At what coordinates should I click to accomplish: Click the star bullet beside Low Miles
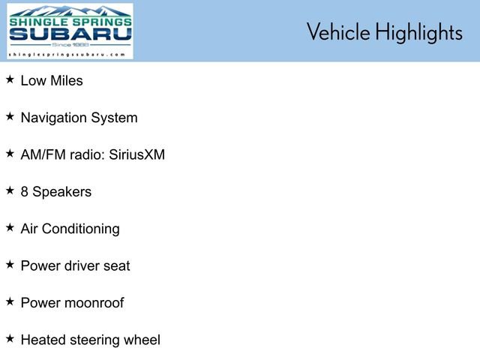pos(10,79)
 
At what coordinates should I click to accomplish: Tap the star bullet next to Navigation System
pos(10,117)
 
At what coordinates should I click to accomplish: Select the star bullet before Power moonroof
pos(10,301)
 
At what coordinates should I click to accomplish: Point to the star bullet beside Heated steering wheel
pos(10,339)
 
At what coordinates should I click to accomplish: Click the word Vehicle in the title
pos(338,31)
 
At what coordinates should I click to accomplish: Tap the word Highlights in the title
pos(419,32)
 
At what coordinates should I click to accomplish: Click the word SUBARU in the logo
pos(70,34)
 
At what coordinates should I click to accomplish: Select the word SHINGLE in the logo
pos(38,22)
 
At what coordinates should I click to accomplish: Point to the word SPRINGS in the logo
pos(102,22)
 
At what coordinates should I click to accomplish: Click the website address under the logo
pos(67,55)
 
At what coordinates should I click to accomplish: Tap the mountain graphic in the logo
pos(70,11)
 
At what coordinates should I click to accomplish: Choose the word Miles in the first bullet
pos(67,81)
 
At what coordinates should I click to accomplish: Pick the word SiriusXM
pos(136,154)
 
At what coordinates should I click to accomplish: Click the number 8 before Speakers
pos(25,192)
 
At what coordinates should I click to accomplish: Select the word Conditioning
pos(80,229)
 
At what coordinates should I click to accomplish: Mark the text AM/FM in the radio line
pos(43,154)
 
